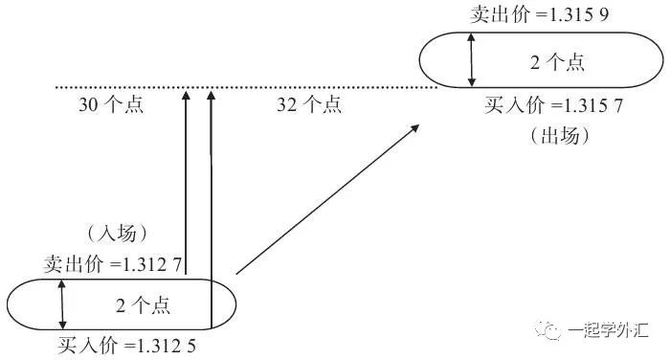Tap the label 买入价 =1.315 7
[x=554, y=106]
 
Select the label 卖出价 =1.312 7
[x=113, y=263]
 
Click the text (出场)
[x=556, y=135]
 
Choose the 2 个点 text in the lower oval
[x=143, y=305]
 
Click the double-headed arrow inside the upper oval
[x=471, y=60]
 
